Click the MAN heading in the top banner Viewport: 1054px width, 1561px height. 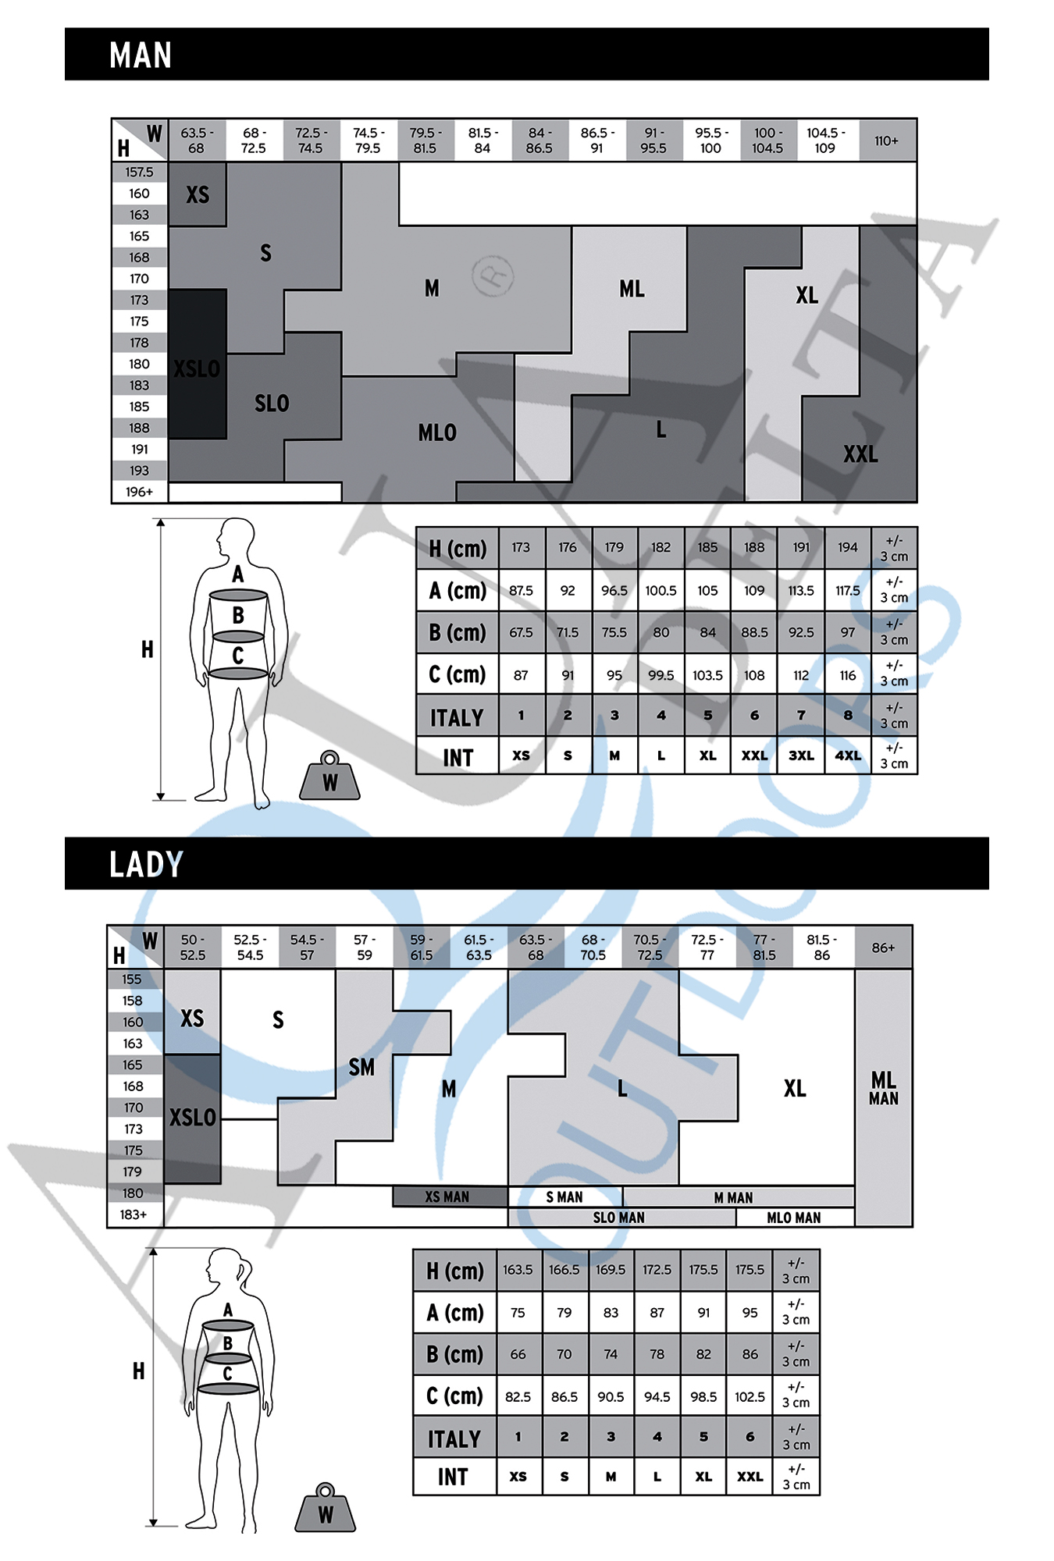(x=141, y=55)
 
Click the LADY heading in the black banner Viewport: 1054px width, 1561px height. (x=146, y=864)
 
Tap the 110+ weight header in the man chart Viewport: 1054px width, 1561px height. (x=886, y=140)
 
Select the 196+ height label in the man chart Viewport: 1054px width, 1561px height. (x=139, y=492)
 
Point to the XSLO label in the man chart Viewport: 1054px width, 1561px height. (x=197, y=368)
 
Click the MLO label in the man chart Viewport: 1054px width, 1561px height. (x=437, y=432)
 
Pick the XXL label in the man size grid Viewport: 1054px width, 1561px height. (x=860, y=454)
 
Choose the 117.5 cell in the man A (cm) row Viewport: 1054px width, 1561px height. (x=848, y=591)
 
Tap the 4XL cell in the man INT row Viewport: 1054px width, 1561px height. (x=848, y=756)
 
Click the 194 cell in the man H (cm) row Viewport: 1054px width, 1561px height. (x=848, y=547)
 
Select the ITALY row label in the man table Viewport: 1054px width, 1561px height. (x=457, y=717)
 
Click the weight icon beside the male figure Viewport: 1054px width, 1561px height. (x=329, y=776)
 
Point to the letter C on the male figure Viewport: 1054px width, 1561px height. (x=238, y=656)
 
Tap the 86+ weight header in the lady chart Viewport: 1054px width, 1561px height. (x=883, y=948)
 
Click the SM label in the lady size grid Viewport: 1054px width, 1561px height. (x=361, y=1067)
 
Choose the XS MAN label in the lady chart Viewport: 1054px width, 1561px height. (x=447, y=1197)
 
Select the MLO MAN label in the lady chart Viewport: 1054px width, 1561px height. (x=794, y=1218)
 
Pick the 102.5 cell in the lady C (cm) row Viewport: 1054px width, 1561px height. (x=750, y=1396)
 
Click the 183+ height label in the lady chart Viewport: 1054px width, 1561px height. (x=133, y=1214)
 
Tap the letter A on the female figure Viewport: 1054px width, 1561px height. (x=228, y=1310)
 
